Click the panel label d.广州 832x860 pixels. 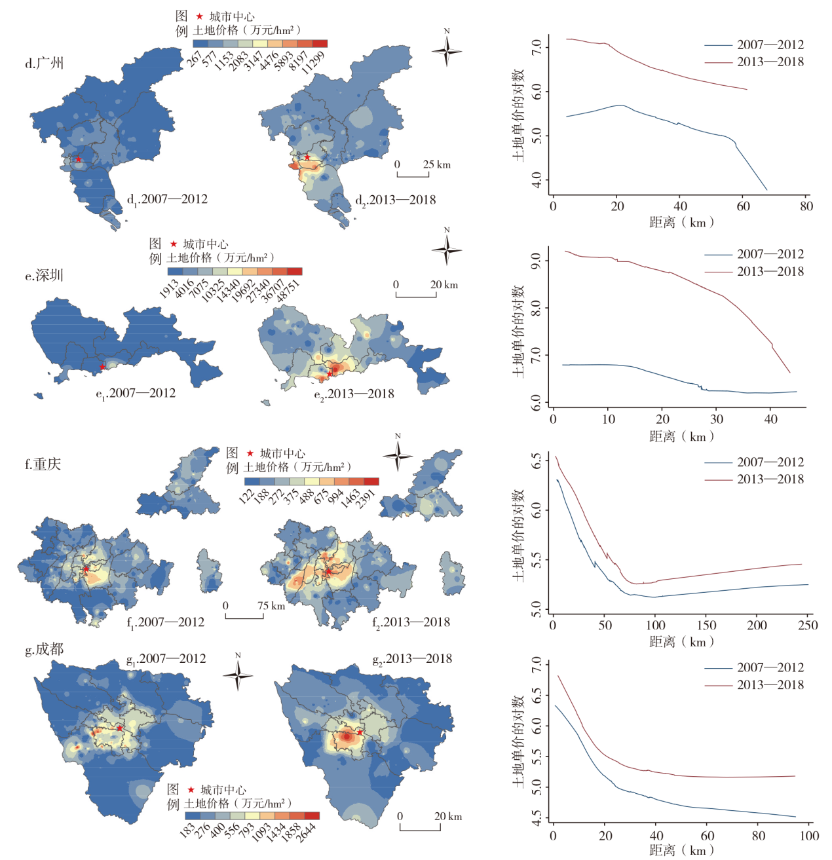click(x=45, y=64)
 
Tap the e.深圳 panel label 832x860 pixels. click(x=44, y=276)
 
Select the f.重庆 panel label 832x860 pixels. click(x=43, y=464)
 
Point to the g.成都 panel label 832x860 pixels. click(x=44, y=650)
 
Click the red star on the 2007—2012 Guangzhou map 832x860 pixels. click(x=79, y=159)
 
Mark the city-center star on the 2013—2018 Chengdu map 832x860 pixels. click(x=360, y=732)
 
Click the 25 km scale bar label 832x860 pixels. click(x=436, y=164)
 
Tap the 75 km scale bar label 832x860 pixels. click(x=271, y=606)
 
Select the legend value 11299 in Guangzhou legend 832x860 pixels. click(x=314, y=62)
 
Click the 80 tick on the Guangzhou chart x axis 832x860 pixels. click(x=806, y=206)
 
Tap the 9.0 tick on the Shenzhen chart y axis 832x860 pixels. click(x=537, y=261)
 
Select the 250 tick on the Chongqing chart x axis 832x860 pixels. click(x=808, y=626)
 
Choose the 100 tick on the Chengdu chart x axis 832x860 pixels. click(x=809, y=836)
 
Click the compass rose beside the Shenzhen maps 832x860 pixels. click(x=447, y=250)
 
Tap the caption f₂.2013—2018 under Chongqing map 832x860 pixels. click(x=411, y=622)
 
